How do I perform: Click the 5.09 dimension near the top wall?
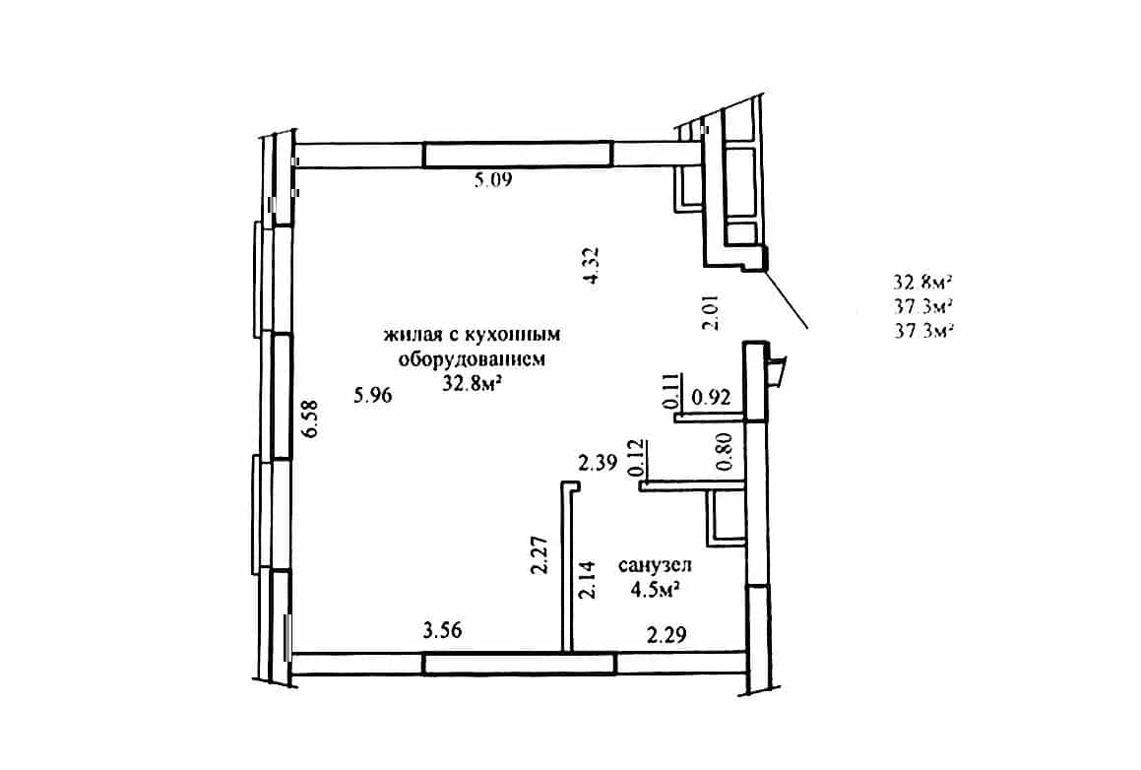pos(493,179)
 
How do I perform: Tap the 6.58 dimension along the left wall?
pos(311,419)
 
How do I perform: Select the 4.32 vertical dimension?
pos(591,265)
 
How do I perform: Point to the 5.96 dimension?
pos(372,395)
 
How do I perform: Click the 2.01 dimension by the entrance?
pos(710,312)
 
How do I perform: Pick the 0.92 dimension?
pos(711,398)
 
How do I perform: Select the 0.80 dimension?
pos(725,452)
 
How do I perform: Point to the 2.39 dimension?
pos(598,462)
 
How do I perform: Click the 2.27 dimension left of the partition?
pos(539,555)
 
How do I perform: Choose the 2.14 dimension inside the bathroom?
pos(588,579)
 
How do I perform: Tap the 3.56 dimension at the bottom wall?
pos(442,629)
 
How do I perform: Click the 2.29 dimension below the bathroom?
pos(666,635)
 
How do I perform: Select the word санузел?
pos(655,565)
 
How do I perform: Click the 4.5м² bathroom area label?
pos(656,590)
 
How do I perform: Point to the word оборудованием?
pos(471,358)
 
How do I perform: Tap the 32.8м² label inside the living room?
pos(475,384)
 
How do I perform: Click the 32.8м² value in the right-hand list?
pos(923,283)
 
